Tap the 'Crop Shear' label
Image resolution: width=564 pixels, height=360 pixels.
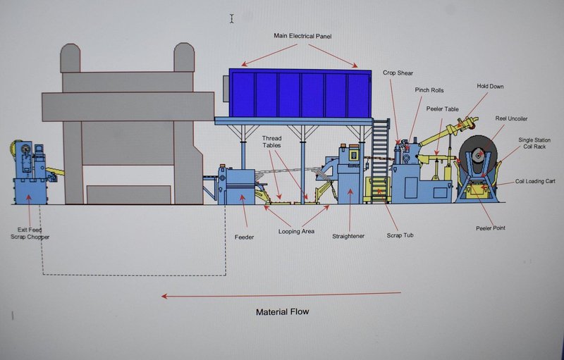[x=398, y=73]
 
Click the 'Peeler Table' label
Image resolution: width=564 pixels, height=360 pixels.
[x=443, y=108]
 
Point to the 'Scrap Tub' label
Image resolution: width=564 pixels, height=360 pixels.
[x=399, y=235]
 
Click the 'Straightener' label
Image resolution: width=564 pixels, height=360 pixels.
[x=348, y=236]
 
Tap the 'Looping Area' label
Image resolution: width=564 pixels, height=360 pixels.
[x=295, y=230]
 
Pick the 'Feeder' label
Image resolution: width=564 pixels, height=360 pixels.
[x=244, y=237]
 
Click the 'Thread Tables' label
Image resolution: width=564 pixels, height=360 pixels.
[x=272, y=141]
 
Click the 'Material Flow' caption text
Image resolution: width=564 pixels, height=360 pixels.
[x=282, y=311]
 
